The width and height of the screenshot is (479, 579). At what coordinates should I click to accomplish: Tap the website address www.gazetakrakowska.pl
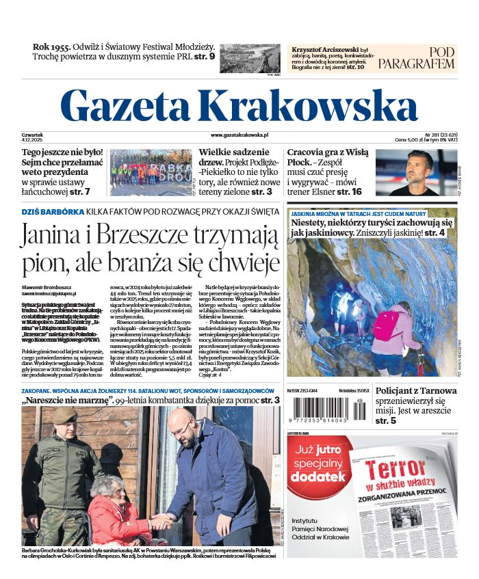click(239, 137)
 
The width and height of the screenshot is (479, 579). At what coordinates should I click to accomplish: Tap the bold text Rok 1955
click(52, 47)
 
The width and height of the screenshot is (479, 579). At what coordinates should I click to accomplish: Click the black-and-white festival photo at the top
click(250, 57)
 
